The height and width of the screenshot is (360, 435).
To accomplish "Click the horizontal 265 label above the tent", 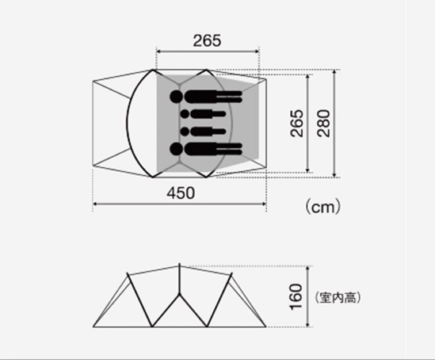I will [207, 41].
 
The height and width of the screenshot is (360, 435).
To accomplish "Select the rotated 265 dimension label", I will [297, 123].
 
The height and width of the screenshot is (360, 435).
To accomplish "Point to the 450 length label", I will [180, 193].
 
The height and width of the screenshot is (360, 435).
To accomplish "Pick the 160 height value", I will [296, 297].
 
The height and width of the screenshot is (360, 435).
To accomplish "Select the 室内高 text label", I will [338, 298].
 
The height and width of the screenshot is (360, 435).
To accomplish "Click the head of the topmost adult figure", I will [176, 97].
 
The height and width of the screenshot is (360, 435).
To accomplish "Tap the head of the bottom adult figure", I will [176, 149].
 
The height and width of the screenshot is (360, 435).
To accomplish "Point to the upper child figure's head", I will [185, 114].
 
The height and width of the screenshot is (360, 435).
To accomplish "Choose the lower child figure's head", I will [185, 131].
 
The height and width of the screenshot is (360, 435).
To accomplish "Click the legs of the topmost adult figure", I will [229, 97].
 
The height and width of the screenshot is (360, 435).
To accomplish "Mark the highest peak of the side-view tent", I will [179, 265].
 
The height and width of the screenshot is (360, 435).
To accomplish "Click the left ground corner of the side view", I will [93, 326].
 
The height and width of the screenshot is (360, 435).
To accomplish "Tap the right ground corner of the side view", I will [266, 326].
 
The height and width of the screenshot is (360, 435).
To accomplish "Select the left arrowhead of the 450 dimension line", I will [95, 204].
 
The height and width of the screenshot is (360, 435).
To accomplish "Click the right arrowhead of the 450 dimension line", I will [264, 204].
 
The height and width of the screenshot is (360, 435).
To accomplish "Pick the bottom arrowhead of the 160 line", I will [308, 325].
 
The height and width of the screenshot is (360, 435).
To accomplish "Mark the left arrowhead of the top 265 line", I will [158, 52].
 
